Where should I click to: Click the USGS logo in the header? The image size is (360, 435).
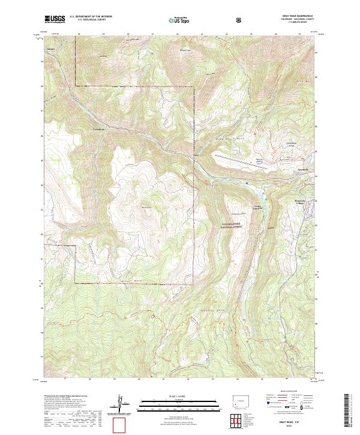pos(55,19)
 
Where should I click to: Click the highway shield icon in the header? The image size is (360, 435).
pos(241,20)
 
